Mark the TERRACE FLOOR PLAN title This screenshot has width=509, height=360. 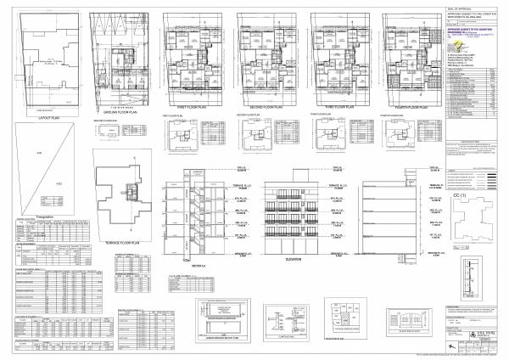click(126, 241)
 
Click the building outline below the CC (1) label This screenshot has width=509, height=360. click(463, 229)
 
